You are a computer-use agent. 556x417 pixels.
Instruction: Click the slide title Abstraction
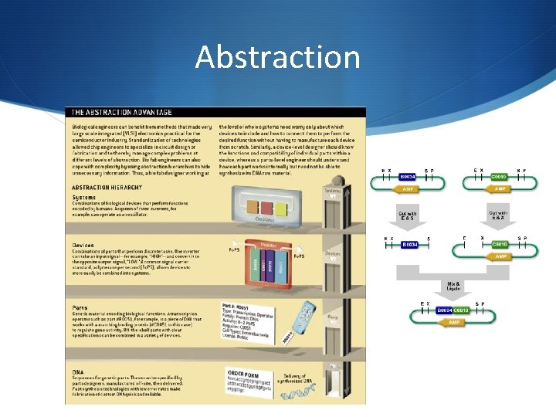pos(277,57)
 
